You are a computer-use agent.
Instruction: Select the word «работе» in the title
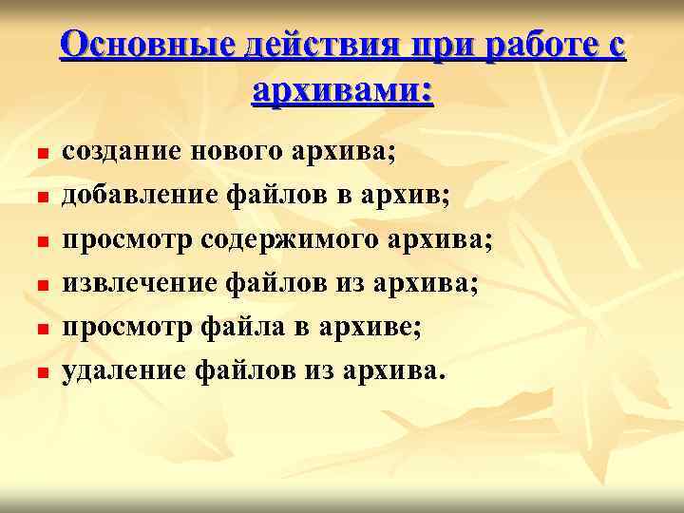[x=538, y=46]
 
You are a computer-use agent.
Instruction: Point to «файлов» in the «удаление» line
[x=249, y=370]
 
